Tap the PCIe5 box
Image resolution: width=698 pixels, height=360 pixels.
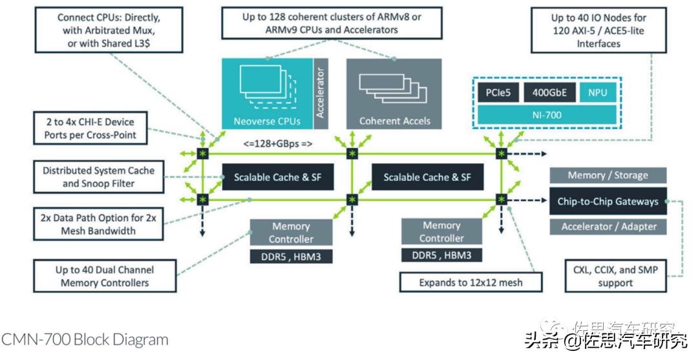coord(498,92)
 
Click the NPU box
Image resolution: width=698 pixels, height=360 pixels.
coord(597,92)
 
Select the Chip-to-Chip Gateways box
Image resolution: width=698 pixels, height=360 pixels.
coord(608,201)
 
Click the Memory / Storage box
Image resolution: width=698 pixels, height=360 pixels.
coord(608,175)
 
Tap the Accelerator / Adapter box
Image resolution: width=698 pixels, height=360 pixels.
coord(608,226)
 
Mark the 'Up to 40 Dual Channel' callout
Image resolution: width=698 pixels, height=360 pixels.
coord(105,276)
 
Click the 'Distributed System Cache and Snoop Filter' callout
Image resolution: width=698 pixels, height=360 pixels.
coord(99,177)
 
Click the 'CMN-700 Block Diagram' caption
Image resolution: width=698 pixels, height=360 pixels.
coord(85,339)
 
